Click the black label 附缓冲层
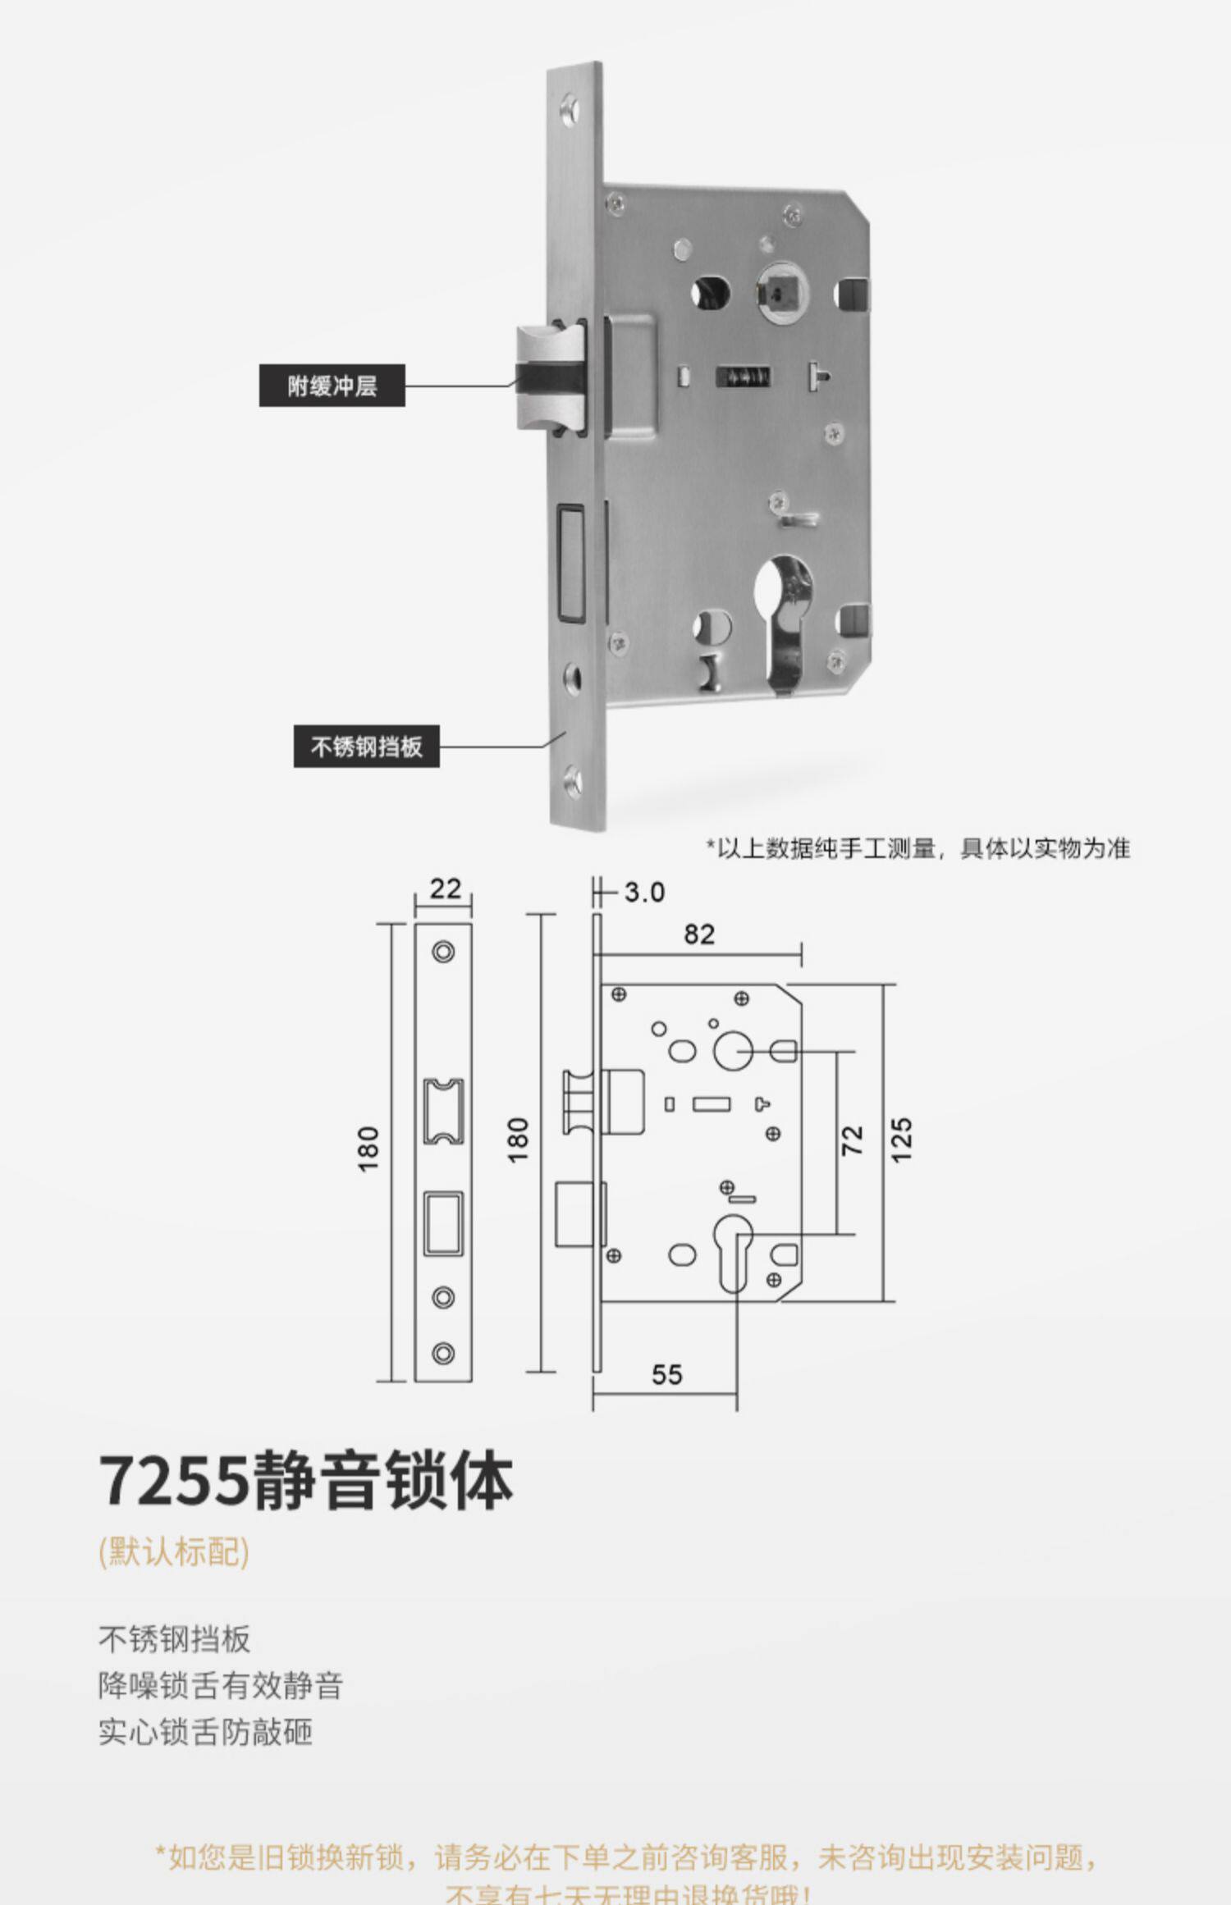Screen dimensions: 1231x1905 click(332, 385)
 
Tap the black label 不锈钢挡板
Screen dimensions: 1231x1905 click(366, 746)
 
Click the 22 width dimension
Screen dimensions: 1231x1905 click(444, 889)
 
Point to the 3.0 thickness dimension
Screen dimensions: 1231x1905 click(643, 892)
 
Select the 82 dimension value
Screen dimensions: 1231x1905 click(699, 934)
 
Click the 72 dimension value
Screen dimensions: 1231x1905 click(853, 1140)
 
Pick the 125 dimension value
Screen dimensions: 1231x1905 click(901, 1140)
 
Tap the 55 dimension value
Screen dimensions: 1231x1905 click(666, 1374)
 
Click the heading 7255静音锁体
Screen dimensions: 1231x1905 click(306, 1481)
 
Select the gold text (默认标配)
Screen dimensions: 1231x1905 click(173, 1551)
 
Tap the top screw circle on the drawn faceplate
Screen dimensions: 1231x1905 click(443, 952)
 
